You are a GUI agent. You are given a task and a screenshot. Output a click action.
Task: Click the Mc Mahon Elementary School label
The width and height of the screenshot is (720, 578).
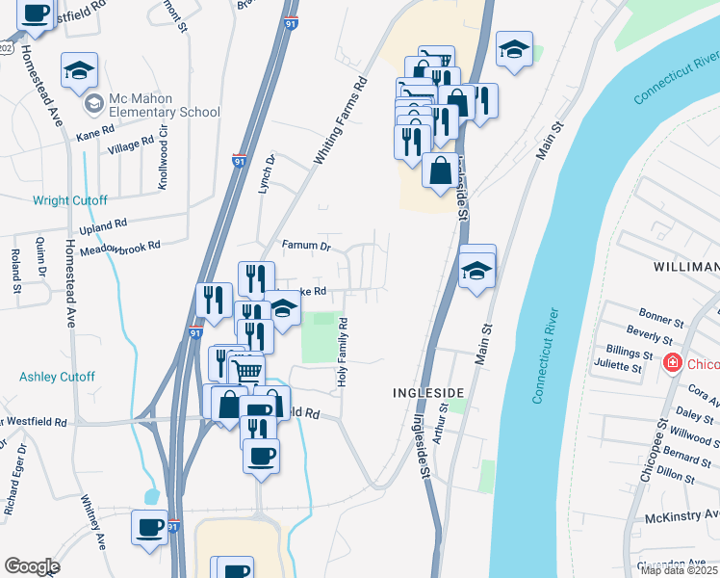pos(165,105)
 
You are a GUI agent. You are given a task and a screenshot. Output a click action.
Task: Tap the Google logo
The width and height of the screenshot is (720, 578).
pos(32,565)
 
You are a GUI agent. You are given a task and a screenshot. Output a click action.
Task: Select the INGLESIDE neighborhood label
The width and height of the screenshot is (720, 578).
pos(429,393)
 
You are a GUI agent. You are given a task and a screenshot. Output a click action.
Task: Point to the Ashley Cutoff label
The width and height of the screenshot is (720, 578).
pos(57,377)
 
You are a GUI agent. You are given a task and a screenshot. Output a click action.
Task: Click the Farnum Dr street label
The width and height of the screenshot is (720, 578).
pos(306,246)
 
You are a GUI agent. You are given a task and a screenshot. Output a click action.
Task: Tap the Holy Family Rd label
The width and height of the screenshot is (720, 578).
pos(341,354)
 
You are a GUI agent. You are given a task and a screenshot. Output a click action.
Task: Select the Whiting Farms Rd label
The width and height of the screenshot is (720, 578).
pos(341,119)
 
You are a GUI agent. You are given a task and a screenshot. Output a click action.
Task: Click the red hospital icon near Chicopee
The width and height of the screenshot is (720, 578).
pos(673,363)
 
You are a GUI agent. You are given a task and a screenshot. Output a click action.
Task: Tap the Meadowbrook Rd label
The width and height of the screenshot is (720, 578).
pos(120,247)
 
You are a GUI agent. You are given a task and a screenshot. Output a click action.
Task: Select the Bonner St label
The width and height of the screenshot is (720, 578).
pos(659,315)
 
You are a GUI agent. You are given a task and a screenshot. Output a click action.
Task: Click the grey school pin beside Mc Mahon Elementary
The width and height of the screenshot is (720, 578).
pos(93,103)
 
